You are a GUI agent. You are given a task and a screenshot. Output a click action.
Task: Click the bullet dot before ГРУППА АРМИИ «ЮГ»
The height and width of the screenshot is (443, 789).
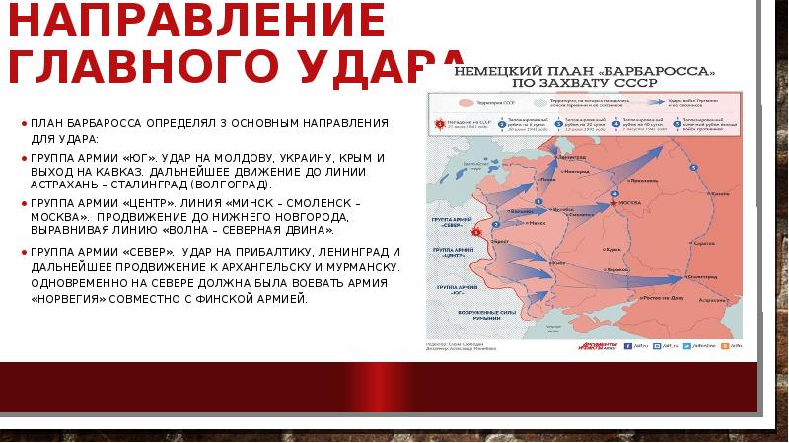(x=24, y=157)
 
